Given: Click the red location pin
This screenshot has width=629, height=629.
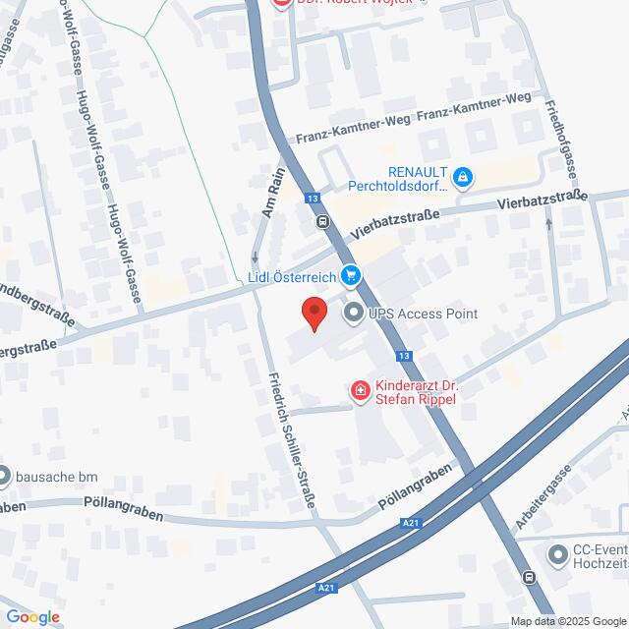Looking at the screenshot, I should pyautogui.click(x=314, y=313).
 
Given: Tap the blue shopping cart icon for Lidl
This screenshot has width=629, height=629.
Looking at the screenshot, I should pyautogui.click(x=349, y=275).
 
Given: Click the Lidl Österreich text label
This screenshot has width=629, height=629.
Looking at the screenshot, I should pyautogui.click(x=292, y=276).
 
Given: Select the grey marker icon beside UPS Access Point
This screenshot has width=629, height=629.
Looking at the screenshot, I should pyautogui.click(x=352, y=314).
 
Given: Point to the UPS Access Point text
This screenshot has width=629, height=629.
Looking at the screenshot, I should pyautogui.click(x=423, y=314).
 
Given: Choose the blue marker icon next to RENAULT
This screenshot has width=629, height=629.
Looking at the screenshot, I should pyautogui.click(x=464, y=178).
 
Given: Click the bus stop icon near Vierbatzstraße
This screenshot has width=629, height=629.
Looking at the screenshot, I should pyautogui.click(x=322, y=220).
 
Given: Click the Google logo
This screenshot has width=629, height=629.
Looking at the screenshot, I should pyautogui.click(x=32, y=616).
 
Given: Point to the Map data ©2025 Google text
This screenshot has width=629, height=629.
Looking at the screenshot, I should pyautogui.click(x=567, y=620).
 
